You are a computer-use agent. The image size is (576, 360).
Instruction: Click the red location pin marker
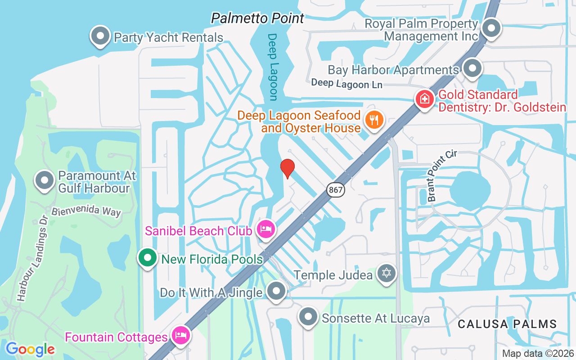coord(288,168)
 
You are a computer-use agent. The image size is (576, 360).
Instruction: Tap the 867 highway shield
coord(336,190)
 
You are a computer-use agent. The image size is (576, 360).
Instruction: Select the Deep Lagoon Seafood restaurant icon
coord(374,120)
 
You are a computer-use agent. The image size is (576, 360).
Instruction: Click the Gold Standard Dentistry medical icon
coord(424,98)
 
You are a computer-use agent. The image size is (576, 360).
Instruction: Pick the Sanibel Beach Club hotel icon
coord(266,229)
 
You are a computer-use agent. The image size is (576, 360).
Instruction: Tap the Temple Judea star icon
coord(386,273)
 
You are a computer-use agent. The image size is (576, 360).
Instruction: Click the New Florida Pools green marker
coord(147,258)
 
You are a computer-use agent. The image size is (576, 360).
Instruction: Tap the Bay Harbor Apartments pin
coord(472,68)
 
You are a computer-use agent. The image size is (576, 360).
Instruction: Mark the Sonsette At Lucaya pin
coord(308,317)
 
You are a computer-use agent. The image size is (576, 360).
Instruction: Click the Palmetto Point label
coord(258,18)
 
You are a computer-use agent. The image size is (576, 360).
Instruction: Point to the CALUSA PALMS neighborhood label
coord(507,324)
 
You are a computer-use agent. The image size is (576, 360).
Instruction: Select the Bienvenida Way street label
coord(86,211)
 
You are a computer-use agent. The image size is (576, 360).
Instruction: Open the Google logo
coord(30,349)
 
